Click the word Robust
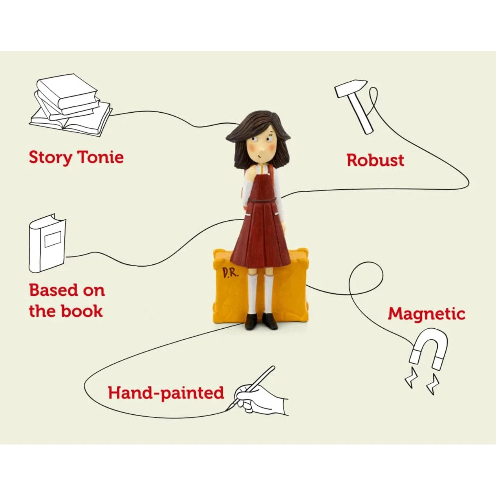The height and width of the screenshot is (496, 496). (375, 160)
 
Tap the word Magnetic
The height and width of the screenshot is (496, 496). (426, 314)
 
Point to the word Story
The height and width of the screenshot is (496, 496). (51, 157)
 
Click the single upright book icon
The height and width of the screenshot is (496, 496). (48, 243)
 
